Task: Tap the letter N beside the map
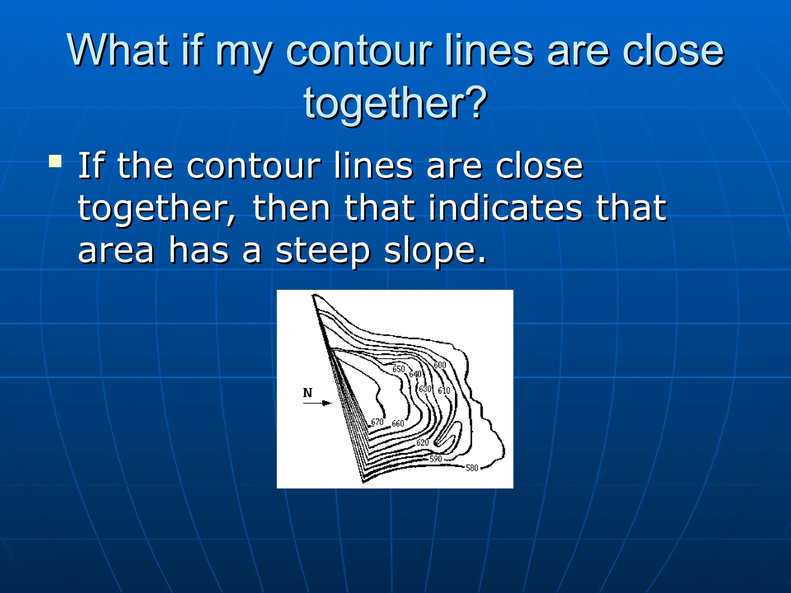[307, 393]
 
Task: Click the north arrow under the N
[317, 403]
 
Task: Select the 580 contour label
[472, 468]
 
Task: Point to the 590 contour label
[436, 459]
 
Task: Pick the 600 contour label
[440, 365]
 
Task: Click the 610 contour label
[444, 390]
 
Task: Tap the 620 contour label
[423, 442]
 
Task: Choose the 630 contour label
[425, 388]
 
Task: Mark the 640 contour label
[415, 374]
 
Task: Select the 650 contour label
[399, 369]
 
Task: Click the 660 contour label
[398, 424]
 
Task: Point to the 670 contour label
[377, 422]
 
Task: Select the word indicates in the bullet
[505, 208]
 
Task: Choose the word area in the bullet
[116, 251]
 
